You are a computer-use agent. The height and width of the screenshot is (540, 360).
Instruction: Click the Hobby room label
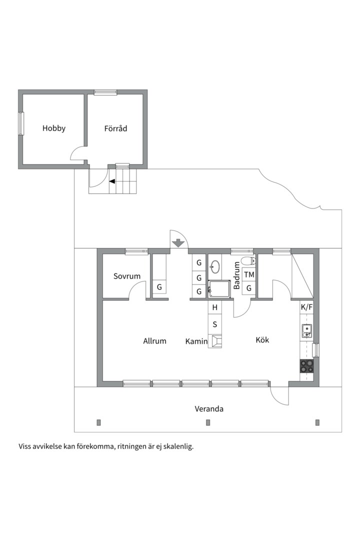pos(54,128)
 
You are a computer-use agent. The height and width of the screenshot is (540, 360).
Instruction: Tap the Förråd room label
pos(115,128)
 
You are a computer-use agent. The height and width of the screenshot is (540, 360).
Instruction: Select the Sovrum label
pos(126,276)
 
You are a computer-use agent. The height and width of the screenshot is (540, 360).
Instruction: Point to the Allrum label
pos(154,341)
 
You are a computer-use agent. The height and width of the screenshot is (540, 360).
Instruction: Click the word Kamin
pos(196,341)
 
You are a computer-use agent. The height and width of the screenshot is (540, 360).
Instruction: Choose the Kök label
pos(262,340)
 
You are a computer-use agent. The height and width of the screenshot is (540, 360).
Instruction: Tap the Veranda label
pos(209,409)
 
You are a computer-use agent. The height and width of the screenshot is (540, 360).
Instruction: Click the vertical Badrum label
pos(237,274)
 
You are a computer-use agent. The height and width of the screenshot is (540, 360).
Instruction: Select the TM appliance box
pos(249,274)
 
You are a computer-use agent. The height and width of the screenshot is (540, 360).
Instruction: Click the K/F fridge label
pos(306,307)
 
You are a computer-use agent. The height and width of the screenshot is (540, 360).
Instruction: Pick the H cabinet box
pos(215,307)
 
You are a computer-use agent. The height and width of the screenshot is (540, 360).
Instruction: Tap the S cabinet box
pos(215,324)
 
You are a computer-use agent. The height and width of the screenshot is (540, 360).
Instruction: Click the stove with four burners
pos(306,366)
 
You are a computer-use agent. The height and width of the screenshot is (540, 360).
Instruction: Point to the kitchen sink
pos(306,330)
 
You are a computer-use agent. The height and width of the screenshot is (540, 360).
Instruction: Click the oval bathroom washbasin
pos(215,266)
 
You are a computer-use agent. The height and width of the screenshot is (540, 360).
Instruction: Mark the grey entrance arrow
pos(177,243)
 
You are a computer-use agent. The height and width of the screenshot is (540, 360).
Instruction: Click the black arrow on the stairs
pos(112,181)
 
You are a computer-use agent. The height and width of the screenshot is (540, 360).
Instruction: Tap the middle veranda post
pos(208,422)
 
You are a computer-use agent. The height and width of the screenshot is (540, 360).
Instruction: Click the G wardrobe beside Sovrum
pos(159,287)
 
